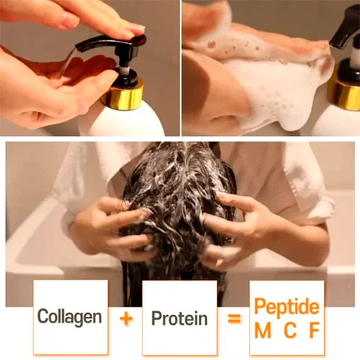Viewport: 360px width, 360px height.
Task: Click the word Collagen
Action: pyautogui.click(x=70, y=316)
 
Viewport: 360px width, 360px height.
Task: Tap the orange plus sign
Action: pyautogui.click(x=126, y=318)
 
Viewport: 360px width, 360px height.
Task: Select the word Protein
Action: pyautogui.click(x=179, y=318)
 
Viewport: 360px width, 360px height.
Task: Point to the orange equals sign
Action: pyautogui.click(x=235, y=318)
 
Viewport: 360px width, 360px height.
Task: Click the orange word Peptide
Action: pyautogui.click(x=286, y=307)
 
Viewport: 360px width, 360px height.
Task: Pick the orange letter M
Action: pyautogui.click(x=262, y=330)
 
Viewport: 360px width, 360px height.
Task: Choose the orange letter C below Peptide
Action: pyautogui.click(x=287, y=330)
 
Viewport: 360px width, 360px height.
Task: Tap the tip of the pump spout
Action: pyautogui.click(x=77, y=46)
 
